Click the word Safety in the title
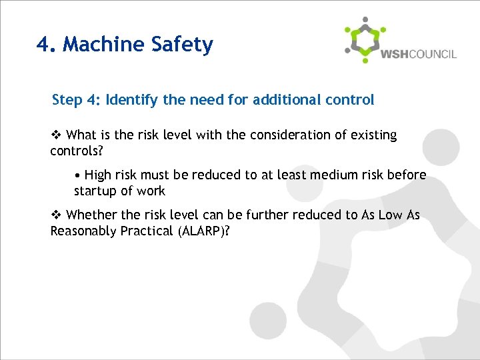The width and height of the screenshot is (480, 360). (182, 45)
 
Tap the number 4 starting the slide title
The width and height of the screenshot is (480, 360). (43, 45)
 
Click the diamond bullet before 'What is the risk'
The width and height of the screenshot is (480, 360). (57, 135)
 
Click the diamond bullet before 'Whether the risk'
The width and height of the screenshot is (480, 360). (57, 215)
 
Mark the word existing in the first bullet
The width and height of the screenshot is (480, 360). (372, 135)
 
